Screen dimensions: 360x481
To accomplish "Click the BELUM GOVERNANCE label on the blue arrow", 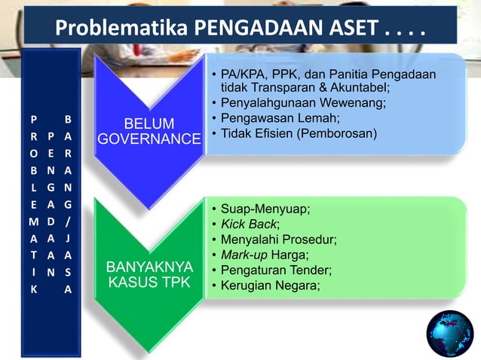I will coord(149,131).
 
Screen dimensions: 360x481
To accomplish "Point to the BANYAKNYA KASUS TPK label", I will coord(149,275).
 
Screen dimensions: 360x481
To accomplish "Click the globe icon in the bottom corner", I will coord(449,332).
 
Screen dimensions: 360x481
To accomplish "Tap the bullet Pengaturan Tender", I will coord(276,270).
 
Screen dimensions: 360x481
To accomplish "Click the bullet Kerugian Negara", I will coord(270,285).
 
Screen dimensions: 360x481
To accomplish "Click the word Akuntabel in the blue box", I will coord(360,87).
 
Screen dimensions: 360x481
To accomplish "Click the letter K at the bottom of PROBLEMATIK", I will coord(32,288).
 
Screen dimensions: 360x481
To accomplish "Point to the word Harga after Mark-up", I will coord(291,255).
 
